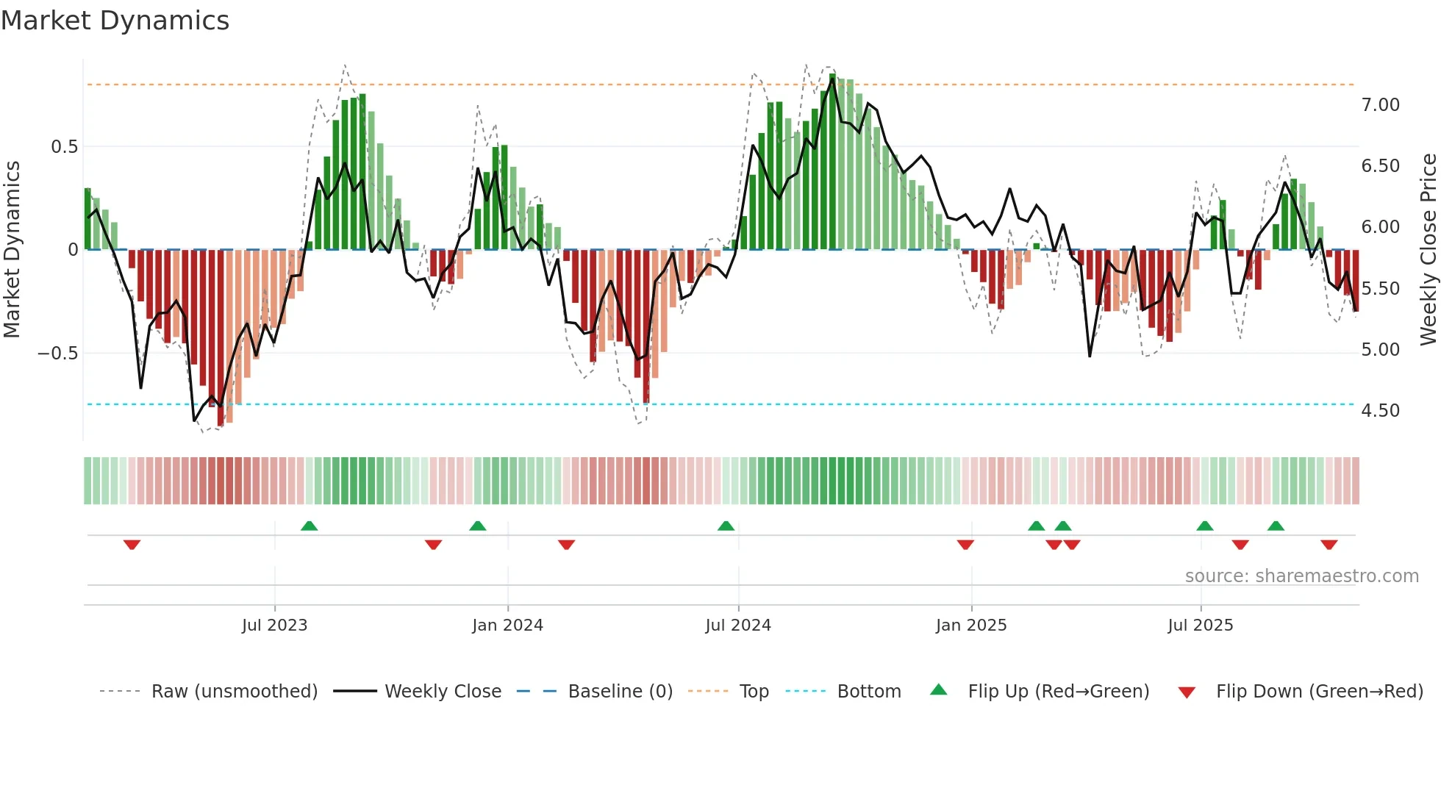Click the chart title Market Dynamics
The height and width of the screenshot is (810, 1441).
[115, 21]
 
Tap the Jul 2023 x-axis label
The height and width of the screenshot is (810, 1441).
[274, 626]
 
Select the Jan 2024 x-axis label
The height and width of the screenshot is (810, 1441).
[507, 626]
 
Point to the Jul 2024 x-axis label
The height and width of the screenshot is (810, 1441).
[738, 626]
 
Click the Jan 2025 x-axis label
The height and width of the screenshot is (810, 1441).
[971, 626]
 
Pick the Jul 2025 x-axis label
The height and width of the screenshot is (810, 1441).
[1201, 626]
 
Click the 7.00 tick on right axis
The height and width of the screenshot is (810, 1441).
[1380, 105]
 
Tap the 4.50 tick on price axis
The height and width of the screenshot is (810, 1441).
[1380, 411]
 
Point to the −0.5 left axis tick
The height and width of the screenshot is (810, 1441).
[57, 354]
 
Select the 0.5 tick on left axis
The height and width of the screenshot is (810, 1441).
[64, 147]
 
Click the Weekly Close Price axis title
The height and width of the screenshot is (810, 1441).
[1428, 249]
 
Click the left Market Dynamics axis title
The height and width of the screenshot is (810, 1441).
[12, 249]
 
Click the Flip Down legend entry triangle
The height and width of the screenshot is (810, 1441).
[1187, 692]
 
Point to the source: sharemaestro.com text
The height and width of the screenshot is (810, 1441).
[1301, 576]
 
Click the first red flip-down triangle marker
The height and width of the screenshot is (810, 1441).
[132, 545]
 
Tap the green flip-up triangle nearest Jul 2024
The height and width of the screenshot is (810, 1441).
[726, 526]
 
